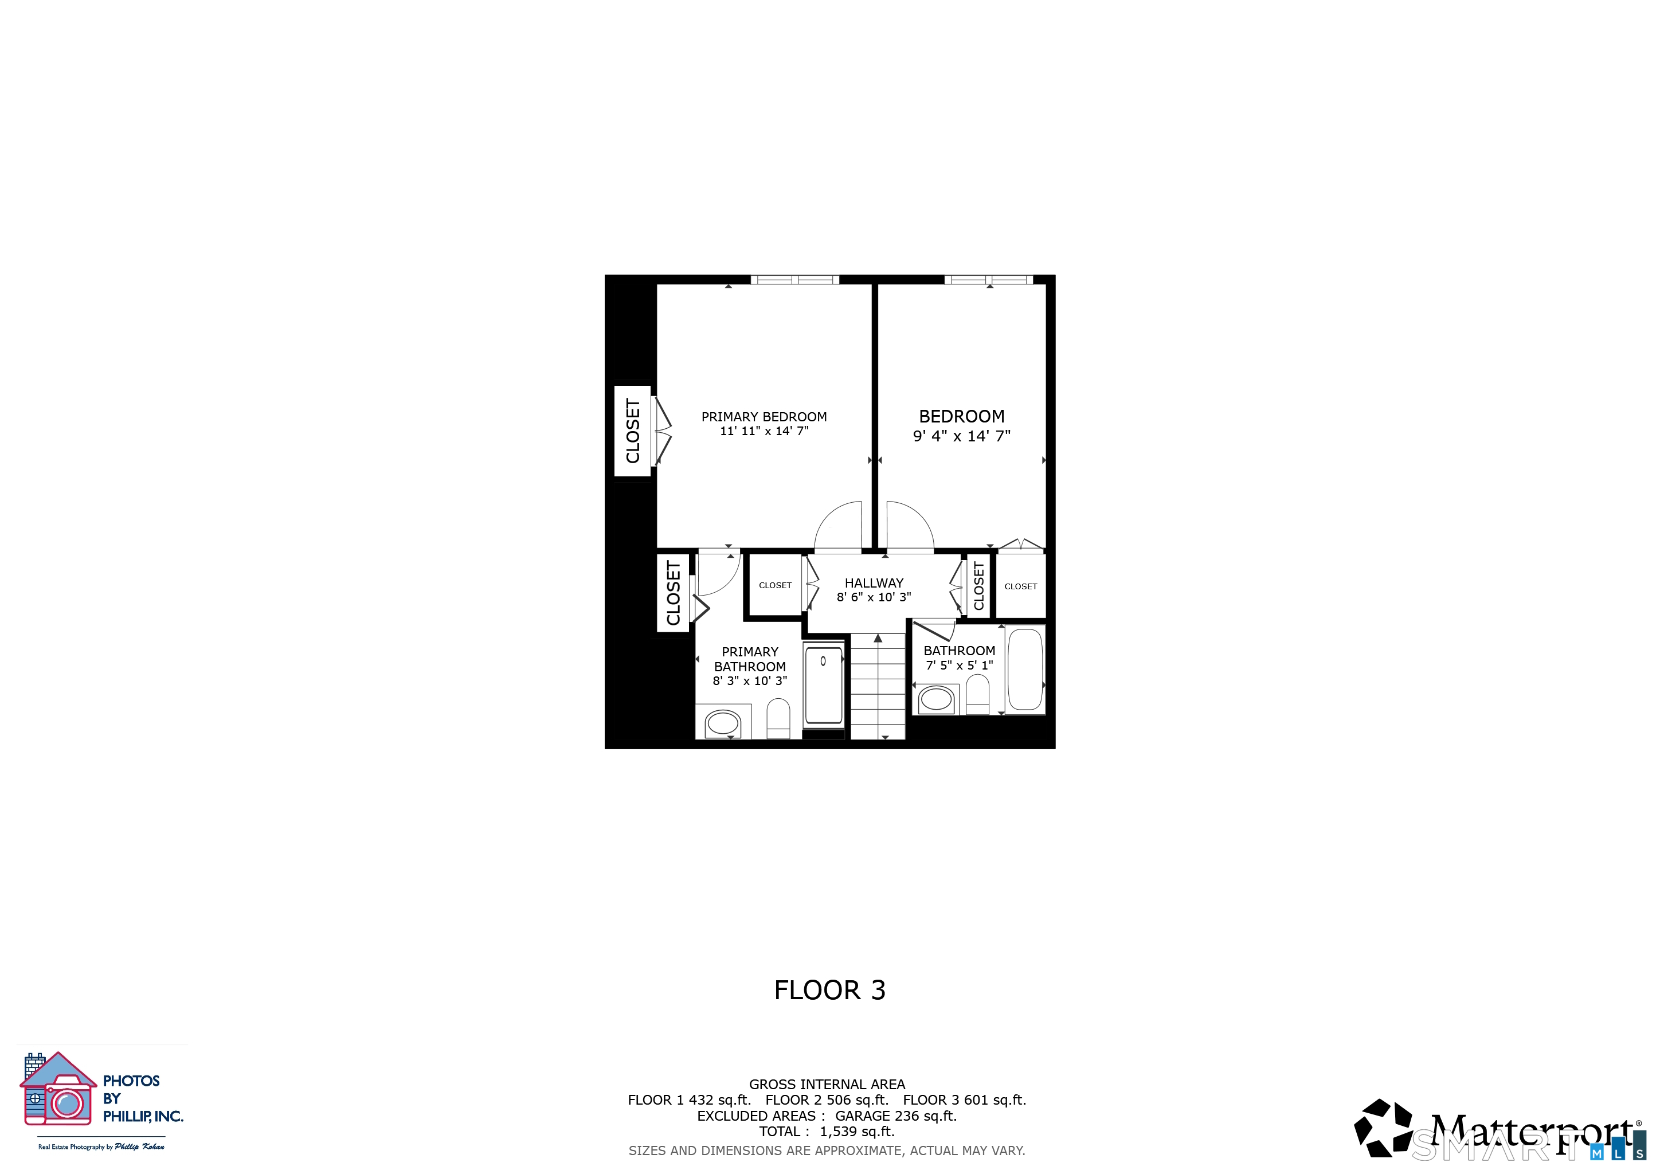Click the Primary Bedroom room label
point(764,417)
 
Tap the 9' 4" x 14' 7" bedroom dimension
point(962,436)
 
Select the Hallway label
point(874,582)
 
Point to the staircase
point(878,686)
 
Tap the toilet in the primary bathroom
point(778,718)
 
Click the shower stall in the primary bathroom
point(824,686)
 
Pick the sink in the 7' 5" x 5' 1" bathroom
point(936,699)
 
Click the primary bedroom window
point(794,280)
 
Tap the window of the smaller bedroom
point(988,280)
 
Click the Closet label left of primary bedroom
point(633,431)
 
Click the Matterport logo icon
point(1384,1129)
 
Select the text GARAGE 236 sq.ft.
point(896,1116)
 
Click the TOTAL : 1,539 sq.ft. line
point(827,1132)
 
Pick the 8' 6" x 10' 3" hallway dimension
point(874,597)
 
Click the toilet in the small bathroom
point(977,694)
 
